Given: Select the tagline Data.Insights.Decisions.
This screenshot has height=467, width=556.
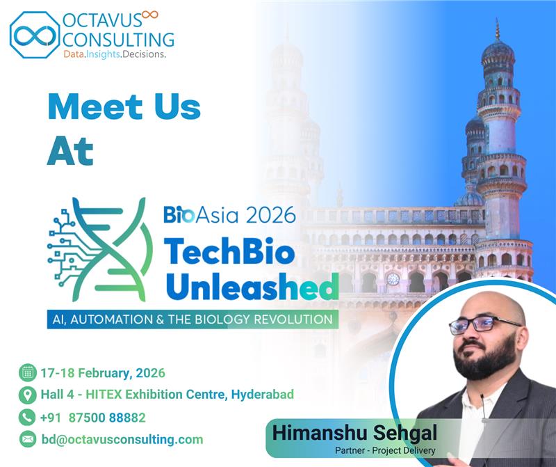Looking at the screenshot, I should pyautogui.click(x=114, y=53).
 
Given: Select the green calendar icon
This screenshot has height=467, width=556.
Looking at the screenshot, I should pyautogui.click(x=28, y=372).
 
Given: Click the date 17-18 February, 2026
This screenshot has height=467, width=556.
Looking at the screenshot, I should pyautogui.click(x=102, y=372).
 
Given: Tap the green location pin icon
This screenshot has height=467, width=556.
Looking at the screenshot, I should pyautogui.click(x=28, y=395).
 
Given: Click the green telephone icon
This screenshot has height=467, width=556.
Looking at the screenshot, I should pyautogui.click(x=28, y=417).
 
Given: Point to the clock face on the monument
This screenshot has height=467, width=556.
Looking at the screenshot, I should pyautogui.click(x=393, y=278).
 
